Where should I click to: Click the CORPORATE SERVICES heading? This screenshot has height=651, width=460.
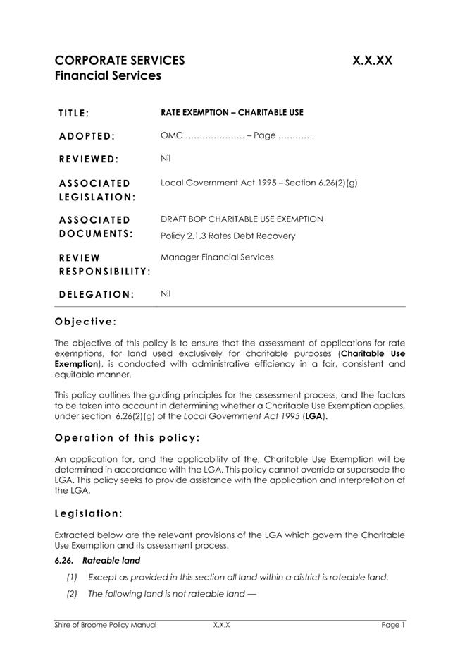[x=120, y=61]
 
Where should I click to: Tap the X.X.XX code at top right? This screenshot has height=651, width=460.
[x=372, y=61]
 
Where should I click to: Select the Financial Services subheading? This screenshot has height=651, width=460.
[x=108, y=76]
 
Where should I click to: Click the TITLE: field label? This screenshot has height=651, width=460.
[x=74, y=114]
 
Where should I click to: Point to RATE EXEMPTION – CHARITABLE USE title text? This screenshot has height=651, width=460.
[x=232, y=112]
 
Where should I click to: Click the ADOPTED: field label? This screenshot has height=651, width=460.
[x=87, y=136]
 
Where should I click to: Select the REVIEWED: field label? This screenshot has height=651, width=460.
[x=89, y=159]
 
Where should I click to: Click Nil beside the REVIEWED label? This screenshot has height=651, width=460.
[x=166, y=158]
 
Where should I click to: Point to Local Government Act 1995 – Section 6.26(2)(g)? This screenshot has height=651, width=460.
[x=259, y=183]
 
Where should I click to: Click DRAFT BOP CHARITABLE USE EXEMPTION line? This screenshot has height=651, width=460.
[x=242, y=219]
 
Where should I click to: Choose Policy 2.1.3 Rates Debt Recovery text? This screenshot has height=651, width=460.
[x=228, y=236]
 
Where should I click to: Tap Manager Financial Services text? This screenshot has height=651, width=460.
[x=217, y=257]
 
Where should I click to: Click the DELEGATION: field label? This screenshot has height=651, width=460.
[x=96, y=294]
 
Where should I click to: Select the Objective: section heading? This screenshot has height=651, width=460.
[x=85, y=322]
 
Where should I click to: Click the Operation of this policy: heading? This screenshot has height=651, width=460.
[x=127, y=437]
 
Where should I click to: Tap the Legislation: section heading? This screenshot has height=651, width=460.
[x=89, y=513]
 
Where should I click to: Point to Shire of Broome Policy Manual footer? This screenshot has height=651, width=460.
[x=106, y=625]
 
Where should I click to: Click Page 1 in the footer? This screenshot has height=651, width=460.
[x=393, y=625]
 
